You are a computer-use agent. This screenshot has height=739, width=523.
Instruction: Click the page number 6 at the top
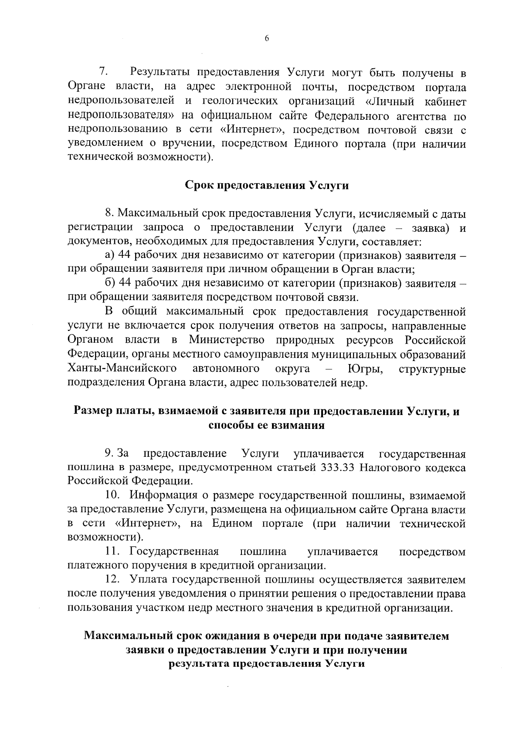(x=267, y=38)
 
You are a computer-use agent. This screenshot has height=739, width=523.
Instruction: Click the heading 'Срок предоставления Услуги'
(x=267, y=185)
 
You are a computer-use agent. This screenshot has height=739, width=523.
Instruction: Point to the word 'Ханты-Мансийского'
(x=122, y=369)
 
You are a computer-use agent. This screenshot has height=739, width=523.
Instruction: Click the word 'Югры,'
(x=365, y=369)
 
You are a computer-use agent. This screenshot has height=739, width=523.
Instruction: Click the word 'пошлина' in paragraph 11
(x=263, y=552)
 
